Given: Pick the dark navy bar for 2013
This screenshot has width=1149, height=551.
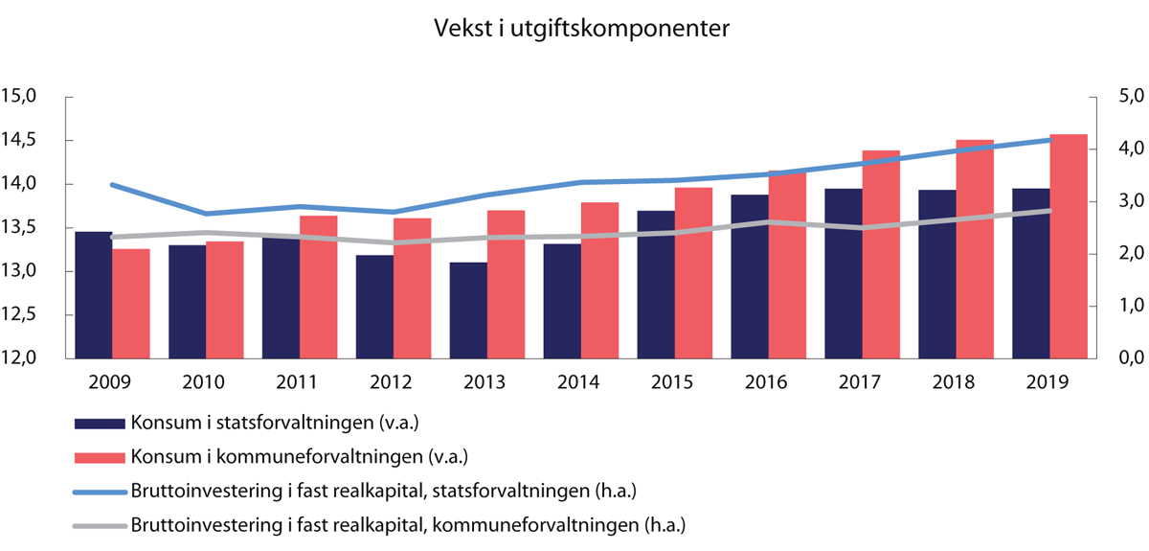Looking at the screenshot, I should pyautogui.click(x=468, y=310).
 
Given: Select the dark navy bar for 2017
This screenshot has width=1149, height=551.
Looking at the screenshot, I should pyautogui.click(x=844, y=273).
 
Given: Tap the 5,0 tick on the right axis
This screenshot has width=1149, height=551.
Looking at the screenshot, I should pyautogui.click(x=1117, y=97).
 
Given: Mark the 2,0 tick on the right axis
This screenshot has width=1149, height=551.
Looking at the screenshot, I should pyautogui.click(x=1117, y=254).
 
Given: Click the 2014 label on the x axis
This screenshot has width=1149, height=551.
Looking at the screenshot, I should pyautogui.click(x=577, y=382).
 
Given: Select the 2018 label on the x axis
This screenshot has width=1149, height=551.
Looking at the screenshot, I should pyautogui.click(x=953, y=382).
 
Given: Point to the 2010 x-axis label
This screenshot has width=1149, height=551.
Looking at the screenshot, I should pyautogui.click(x=203, y=382).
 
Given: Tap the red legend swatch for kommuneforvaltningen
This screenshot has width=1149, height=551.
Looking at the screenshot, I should pyautogui.click(x=100, y=457).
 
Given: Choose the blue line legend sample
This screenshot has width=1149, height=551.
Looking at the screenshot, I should pyautogui.click(x=100, y=491).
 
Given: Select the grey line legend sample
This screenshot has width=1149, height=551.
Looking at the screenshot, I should pyautogui.click(x=100, y=525).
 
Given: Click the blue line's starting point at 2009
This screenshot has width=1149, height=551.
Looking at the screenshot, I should pyautogui.click(x=113, y=184).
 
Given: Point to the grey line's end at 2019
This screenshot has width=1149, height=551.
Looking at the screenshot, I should pyautogui.click(x=1050, y=211).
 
